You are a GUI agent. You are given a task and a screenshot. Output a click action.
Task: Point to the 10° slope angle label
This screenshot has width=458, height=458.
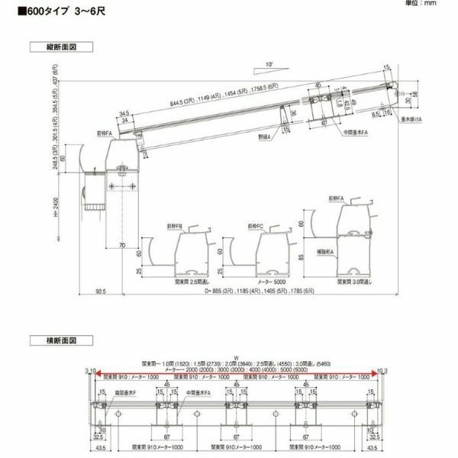click(270, 64)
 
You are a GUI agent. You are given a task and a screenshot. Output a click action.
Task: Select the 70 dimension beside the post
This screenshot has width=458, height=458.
click(122, 245)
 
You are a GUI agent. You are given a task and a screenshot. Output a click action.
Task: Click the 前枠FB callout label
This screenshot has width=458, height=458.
click(173, 227)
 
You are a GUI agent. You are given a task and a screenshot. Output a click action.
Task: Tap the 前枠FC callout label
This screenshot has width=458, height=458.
click(256, 227)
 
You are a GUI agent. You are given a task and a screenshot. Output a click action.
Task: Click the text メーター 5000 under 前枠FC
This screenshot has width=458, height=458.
click(273, 280)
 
